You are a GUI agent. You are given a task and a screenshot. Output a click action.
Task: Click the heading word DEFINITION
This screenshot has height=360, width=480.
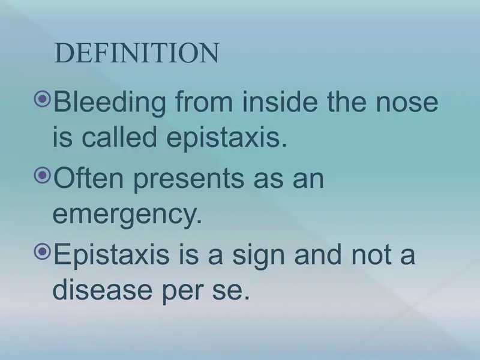coord(137,53)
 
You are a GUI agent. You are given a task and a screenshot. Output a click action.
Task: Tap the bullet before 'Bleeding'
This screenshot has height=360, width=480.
coord(42,98)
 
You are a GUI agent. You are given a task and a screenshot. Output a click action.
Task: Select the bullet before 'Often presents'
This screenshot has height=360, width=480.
coord(42,175)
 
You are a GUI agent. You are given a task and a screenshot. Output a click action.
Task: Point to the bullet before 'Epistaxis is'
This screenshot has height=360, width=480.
coord(42,251)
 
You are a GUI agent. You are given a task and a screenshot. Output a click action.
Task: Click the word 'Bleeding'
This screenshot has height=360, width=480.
coord(110,103)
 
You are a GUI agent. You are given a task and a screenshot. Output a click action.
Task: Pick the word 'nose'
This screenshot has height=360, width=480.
coord(407,103)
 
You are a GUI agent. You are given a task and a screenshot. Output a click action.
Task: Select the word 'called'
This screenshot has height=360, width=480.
coord(119,136)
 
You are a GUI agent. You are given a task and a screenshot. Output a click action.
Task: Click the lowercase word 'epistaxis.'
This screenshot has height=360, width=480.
coord(227,139)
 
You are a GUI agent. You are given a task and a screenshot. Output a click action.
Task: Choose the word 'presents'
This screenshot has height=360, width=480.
coord(189,180)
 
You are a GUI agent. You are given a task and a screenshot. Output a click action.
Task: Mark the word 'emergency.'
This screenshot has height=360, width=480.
coord(127,215)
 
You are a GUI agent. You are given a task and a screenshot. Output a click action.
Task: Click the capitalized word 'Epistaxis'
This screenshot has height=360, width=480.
coord(112,256)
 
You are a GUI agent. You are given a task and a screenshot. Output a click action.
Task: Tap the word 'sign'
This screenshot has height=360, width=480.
coord(259,257)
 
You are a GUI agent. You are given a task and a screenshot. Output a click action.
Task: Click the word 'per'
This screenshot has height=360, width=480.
coord(182,292)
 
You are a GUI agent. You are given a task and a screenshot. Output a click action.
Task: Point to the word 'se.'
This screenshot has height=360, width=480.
coord(231,290)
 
